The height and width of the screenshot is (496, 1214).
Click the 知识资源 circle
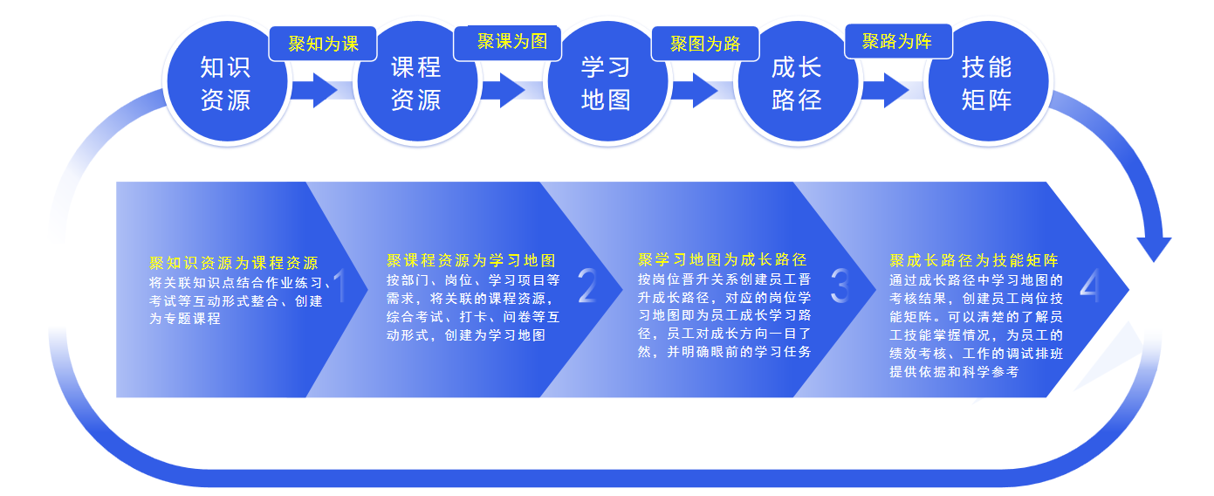(x=227, y=81)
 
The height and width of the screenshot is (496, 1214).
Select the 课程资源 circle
(x=417, y=81)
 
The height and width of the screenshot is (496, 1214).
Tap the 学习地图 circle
(x=607, y=81)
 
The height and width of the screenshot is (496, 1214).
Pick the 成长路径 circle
(x=798, y=81)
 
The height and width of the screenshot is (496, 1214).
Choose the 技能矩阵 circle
(x=988, y=81)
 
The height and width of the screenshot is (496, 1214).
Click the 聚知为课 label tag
(x=323, y=44)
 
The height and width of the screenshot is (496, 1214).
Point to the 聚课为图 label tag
(x=508, y=42)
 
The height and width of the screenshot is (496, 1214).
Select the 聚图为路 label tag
(x=705, y=44)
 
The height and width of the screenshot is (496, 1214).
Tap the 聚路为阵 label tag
(x=898, y=41)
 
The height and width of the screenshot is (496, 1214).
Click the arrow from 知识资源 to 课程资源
(x=314, y=90)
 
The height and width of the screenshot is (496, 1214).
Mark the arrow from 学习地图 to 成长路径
(x=695, y=90)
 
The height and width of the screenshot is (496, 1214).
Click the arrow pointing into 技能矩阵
(x=886, y=90)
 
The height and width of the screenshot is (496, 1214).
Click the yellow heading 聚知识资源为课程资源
(x=234, y=263)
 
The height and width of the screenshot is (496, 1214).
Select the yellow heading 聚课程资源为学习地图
(x=471, y=261)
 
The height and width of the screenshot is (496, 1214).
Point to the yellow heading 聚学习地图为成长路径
(x=723, y=259)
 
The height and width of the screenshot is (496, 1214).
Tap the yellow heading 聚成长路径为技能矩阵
(x=974, y=261)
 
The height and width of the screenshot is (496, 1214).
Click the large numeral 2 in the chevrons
(x=587, y=286)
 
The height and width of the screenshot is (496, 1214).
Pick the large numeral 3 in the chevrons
(x=840, y=286)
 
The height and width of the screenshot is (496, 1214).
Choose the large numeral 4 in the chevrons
(x=1090, y=286)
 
